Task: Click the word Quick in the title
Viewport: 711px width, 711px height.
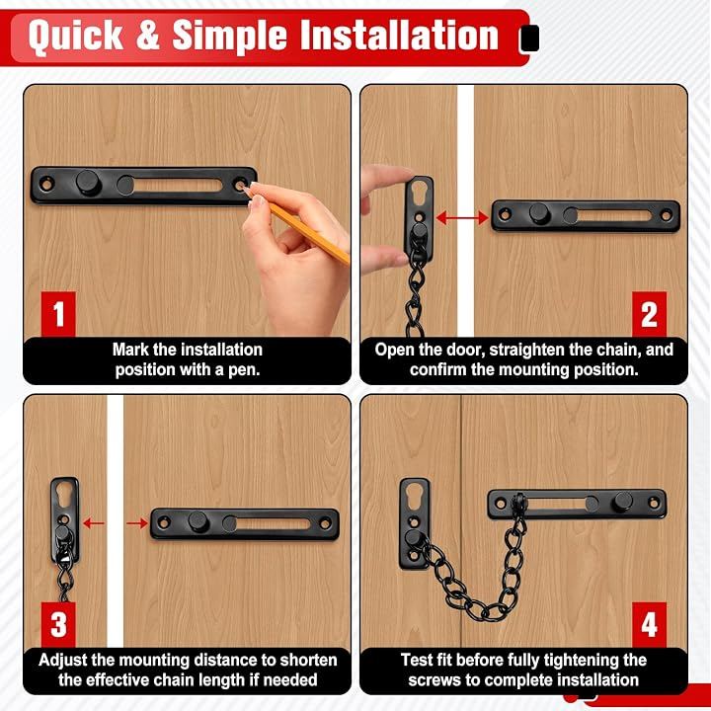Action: click(76, 36)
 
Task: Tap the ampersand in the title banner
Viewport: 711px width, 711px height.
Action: click(147, 35)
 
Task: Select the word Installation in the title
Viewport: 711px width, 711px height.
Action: click(400, 35)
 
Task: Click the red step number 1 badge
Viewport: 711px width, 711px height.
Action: click(58, 314)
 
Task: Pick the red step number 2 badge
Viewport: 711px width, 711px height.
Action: click(650, 314)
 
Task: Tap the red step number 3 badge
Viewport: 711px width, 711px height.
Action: click(58, 624)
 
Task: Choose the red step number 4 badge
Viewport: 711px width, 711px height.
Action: click(650, 624)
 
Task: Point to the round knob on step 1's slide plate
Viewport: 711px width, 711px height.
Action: click(89, 183)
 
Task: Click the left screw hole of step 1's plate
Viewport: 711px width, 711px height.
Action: click(46, 184)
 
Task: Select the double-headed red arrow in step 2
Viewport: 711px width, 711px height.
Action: click(462, 218)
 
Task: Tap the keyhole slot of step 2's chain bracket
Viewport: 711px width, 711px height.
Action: click(419, 192)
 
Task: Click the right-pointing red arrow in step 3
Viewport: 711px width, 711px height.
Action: click(137, 523)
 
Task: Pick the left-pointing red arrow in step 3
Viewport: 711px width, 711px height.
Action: click(94, 523)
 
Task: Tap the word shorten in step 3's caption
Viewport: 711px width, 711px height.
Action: click(308, 660)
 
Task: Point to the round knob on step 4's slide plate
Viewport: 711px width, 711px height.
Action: click(623, 503)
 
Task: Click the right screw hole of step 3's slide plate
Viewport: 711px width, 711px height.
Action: click(325, 523)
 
